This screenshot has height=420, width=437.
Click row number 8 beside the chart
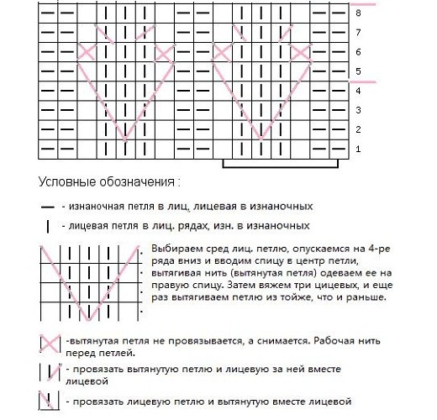pyautogui.click(x=359, y=13)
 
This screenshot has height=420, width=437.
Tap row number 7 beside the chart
pyautogui.click(x=359, y=33)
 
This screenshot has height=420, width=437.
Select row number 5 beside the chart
pyautogui.click(x=359, y=71)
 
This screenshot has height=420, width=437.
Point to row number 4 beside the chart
pyautogui.click(x=359, y=91)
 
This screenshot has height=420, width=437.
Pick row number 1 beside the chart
pyautogui.click(x=359, y=149)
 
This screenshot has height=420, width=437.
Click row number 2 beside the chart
pyautogui.click(x=359, y=129)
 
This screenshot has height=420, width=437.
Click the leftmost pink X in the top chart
pyautogui.click(x=87, y=52)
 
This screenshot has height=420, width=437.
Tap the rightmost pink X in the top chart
pyautogui.click(x=300, y=52)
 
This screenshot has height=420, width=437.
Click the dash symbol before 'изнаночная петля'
pyautogui.click(x=48, y=207)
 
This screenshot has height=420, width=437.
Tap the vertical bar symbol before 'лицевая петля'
pyautogui.click(x=48, y=226)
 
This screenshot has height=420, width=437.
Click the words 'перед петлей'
pyautogui.click(x=92, y=354)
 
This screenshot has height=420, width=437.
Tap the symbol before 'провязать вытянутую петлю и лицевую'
pyautogui.click(x=48, y=372)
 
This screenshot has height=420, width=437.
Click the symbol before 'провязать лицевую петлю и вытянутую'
pyautogui.click(x=48, y=399)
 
